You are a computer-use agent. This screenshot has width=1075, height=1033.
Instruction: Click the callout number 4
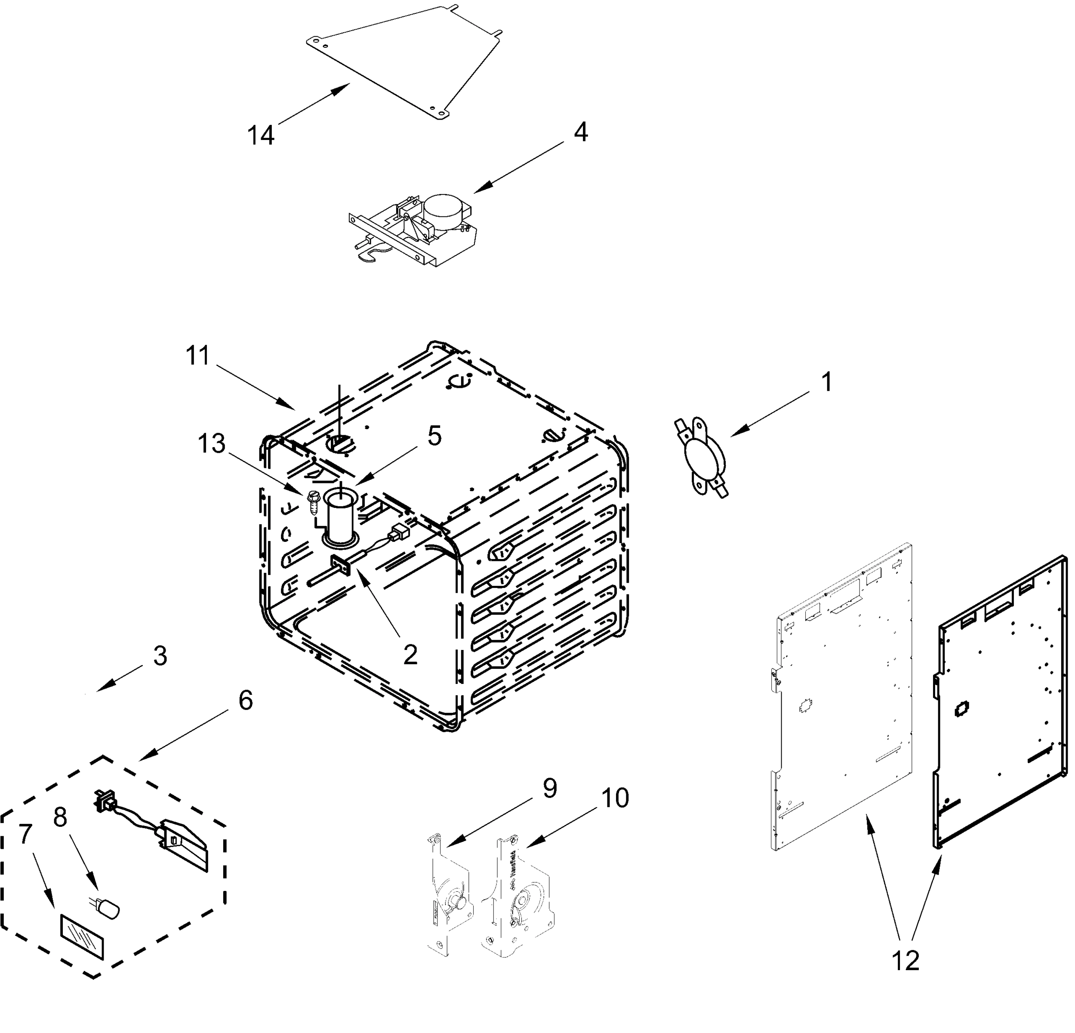(581, 132)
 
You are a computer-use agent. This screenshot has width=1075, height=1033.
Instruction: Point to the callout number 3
(160, 656)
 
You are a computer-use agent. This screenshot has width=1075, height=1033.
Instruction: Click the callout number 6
(245, 700)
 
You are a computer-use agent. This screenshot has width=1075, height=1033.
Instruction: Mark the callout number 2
(410, 654)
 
